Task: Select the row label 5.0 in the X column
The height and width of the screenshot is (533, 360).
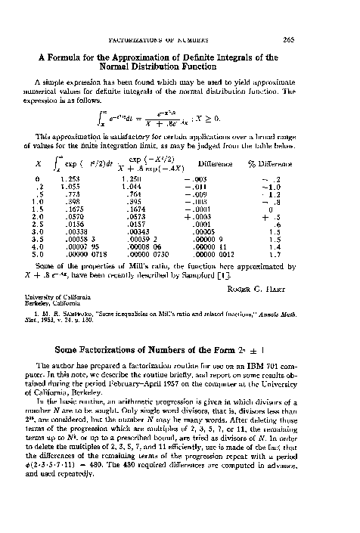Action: tap(47, 265)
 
